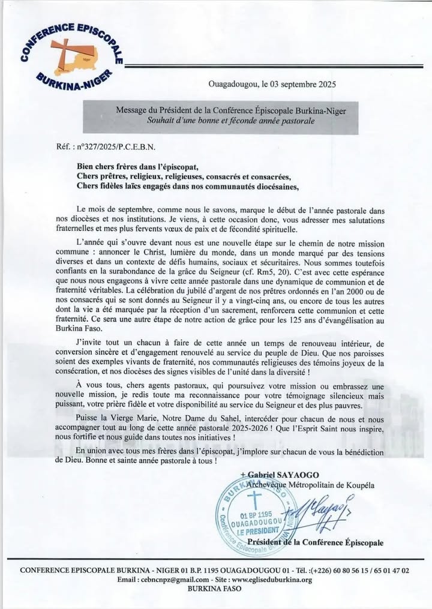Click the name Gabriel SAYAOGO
279,475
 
